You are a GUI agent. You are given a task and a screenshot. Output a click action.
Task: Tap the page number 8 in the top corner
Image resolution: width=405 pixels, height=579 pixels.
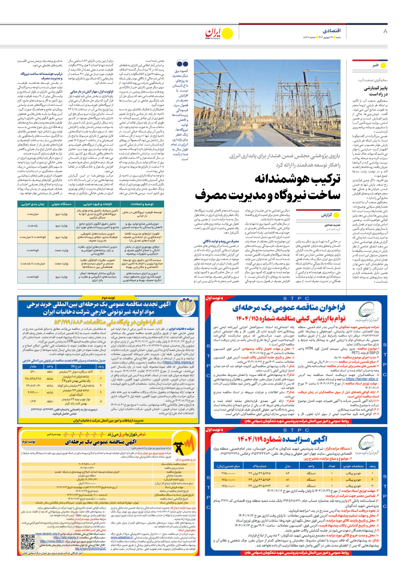(385, 31)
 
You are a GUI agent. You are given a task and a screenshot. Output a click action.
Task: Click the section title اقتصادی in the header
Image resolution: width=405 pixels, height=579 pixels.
(331, 30)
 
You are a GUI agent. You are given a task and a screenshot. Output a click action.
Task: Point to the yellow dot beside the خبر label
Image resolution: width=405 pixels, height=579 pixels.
(384, 65)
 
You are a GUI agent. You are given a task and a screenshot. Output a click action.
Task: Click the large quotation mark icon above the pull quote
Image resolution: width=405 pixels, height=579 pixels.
(182, 63)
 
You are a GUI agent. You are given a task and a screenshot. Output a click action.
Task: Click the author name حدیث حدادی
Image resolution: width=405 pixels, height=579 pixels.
(332, 225)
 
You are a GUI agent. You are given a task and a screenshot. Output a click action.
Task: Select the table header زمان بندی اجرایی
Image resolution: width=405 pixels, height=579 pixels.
(32, 204)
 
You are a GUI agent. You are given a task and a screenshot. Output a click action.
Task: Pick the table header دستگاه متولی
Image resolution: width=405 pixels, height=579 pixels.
(62, 204)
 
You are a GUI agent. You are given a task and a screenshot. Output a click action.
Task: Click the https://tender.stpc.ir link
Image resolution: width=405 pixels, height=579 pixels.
(362, 379)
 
